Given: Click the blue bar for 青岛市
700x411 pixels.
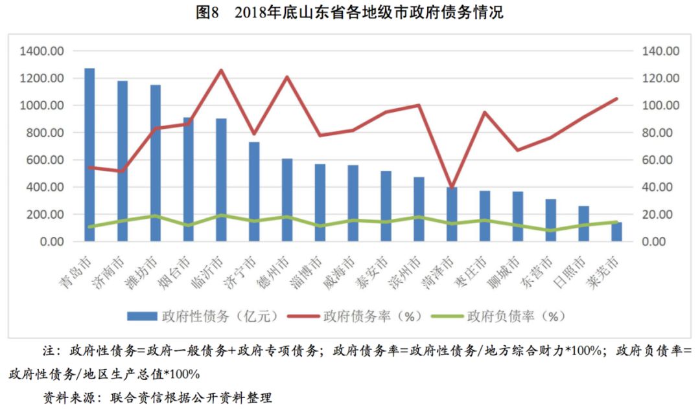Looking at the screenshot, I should coord(89,155).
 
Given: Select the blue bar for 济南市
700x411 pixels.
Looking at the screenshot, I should coord(122,162).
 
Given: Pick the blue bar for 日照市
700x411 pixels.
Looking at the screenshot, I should coord(584,224).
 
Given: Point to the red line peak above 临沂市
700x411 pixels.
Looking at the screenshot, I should coord(221,70).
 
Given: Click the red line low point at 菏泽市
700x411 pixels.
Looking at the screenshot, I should coord(452,188).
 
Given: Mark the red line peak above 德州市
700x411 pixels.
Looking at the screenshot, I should coord(287,77).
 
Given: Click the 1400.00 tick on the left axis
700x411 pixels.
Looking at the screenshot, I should coord(42,51).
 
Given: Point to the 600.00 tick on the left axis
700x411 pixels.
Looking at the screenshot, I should coord(45,160).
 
